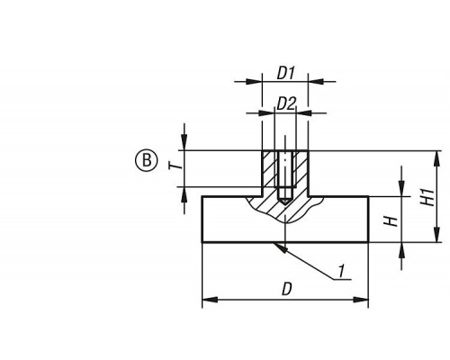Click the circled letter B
(x=146, y=160)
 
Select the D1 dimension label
(x=285, y=73)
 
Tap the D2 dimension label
(x=286, y=103)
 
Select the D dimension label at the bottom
(x=287, y=290)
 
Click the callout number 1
(x=340, y=271)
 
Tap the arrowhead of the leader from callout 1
(x=280, y=247)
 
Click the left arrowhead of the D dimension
(x=210, y=300)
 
